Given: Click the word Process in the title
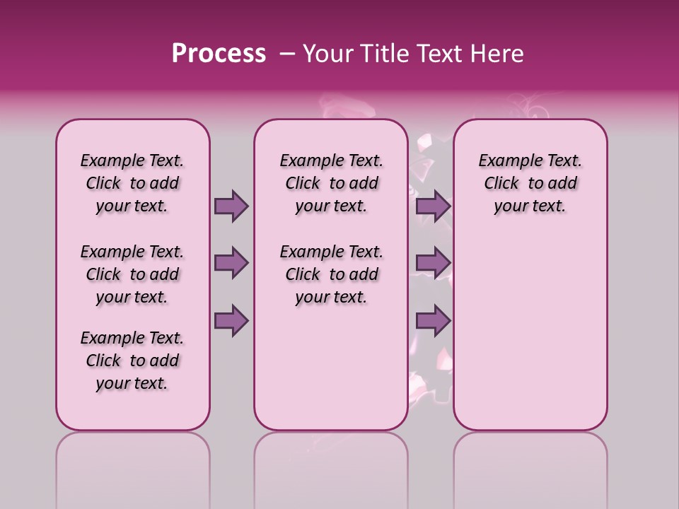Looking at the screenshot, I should pos(219,54).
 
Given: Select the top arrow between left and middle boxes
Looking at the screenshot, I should pos(231,206).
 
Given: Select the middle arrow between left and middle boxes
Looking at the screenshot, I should pos(231,263).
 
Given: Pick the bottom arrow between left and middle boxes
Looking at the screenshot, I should pos(231,320).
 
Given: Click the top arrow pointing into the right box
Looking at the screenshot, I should pos(433,206).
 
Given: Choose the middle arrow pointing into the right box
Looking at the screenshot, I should pos(433,263).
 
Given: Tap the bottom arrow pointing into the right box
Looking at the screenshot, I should pos(433,320).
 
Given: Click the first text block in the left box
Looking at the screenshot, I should pos(132,183).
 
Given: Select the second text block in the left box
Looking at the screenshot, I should pos(132,274).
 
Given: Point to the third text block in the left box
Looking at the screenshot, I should pos(132,361).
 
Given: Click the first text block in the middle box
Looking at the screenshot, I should pos(331,183).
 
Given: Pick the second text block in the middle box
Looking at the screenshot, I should pos(331,274).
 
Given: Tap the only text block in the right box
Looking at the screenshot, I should pos(530,183).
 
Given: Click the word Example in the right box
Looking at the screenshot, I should pos(505,161).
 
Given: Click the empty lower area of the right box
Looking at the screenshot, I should pos(530,339).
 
